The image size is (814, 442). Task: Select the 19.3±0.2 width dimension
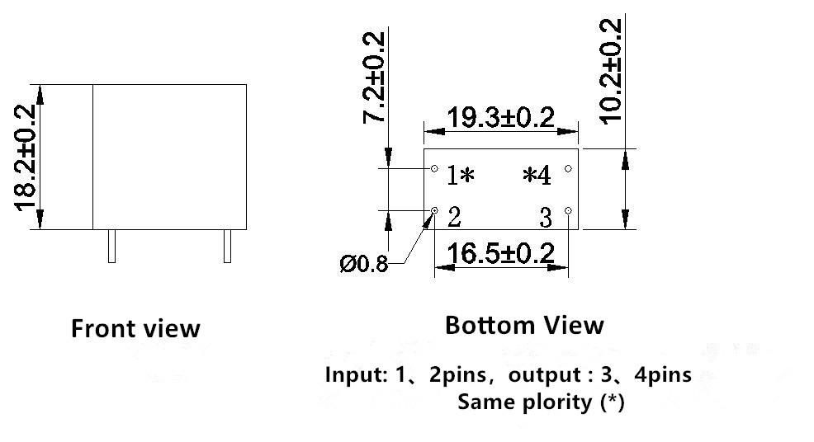[500, 117]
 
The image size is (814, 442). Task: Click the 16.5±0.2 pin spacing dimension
[501, 252]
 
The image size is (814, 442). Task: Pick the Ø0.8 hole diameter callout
[363, 265]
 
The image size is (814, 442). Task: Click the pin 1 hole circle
[435, 168]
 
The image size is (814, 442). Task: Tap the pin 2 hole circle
[435, 211]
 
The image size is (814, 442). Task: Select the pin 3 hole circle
[569, 211]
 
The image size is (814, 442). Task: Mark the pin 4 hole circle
[568, 168]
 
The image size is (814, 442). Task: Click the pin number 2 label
[454, 218]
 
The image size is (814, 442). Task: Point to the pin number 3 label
[546, 219]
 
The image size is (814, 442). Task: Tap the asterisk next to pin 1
[466, 176]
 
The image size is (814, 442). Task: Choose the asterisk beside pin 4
[528, 175]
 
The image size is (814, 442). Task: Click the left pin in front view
[111, 246]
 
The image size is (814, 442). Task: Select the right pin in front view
[227, 246]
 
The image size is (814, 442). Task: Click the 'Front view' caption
[135, 329]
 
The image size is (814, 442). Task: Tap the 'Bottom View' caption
[524, 325]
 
